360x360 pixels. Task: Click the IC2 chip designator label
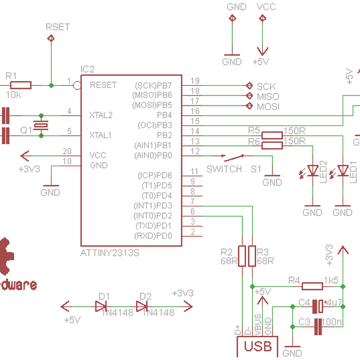(x=87, y=70)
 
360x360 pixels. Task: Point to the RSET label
(x=58, y=27)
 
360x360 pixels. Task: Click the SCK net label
(x=266, y=86)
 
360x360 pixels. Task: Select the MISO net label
(x=268, y=96)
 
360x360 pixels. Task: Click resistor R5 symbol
(x=272, y=135)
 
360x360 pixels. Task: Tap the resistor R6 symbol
(x=272, y=145)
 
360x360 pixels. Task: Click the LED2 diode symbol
(x=312, y=171)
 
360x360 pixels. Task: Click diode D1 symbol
(x=101, y=306)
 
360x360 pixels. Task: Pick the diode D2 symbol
(x=142, y=306)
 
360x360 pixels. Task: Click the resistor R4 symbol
(x=313, y=286)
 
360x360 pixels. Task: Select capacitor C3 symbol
(x=318, y=325)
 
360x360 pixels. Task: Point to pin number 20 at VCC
(x=67, y=151)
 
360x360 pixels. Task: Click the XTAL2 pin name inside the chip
(x=101, y=114)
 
